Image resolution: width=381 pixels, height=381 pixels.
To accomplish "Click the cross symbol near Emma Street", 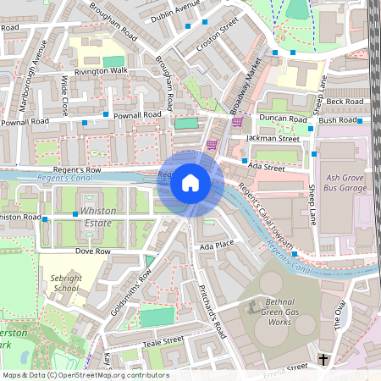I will (x=323, y=360).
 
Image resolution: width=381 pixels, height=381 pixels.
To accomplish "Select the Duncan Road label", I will (x=283, y=119).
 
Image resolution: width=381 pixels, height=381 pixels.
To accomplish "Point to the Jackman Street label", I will (x=273, y=138).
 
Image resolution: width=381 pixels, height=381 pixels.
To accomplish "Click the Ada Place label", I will (x=216, y=246).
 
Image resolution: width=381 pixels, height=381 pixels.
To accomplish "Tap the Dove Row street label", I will (x=93, y=251).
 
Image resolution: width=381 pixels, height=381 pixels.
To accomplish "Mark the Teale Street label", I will (x=163, y=340).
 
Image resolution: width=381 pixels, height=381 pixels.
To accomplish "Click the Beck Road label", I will (x=344, y=101).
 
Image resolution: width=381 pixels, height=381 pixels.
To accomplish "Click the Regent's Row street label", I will (x=77, y=170).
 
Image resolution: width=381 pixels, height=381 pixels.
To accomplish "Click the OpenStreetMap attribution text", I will (x=85, y=375).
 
